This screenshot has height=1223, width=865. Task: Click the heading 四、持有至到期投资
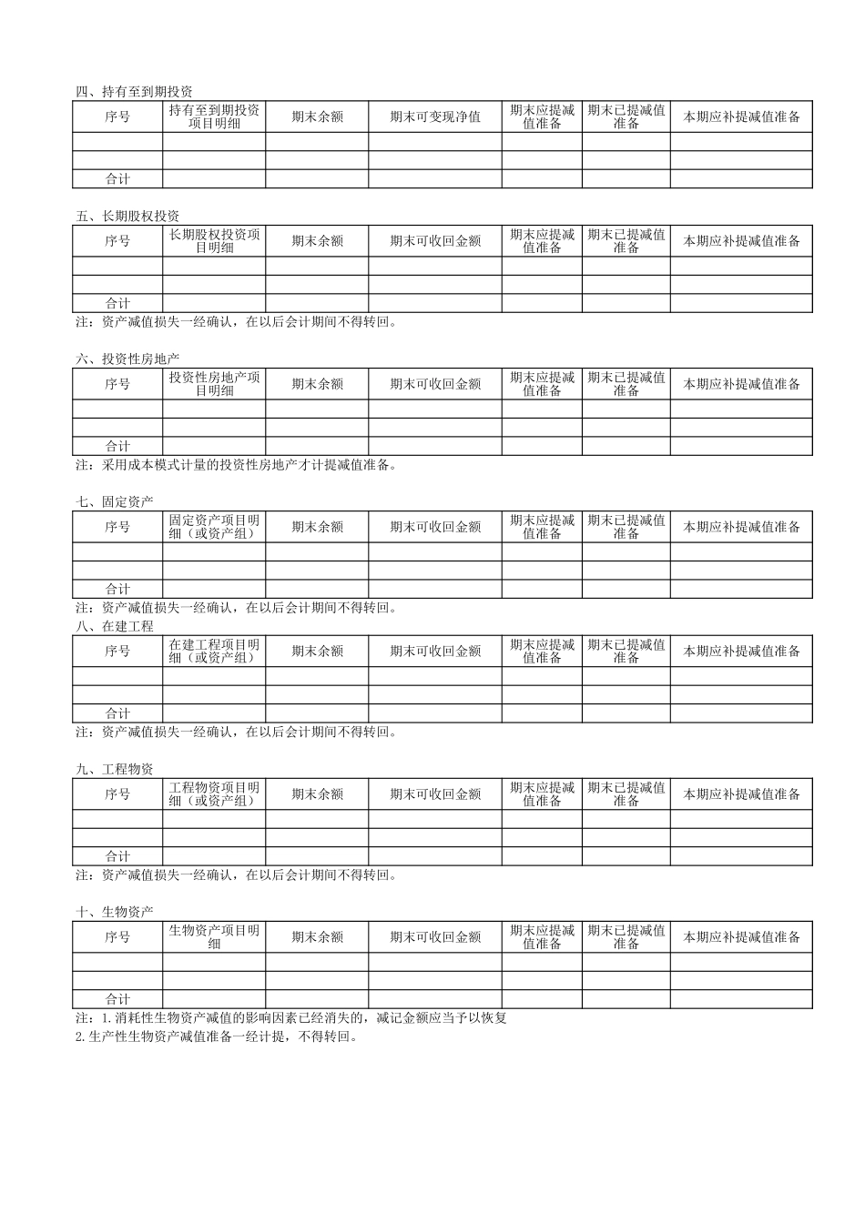134,92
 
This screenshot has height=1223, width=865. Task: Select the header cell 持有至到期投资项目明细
214,116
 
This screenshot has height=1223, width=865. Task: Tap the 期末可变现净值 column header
435,116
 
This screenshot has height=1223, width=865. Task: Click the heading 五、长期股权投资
127,217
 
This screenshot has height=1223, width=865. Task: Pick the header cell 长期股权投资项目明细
214,241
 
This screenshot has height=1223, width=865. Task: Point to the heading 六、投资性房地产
127,359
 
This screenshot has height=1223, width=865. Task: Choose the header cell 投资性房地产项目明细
214,384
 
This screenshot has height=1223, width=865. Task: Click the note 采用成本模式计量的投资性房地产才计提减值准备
237,465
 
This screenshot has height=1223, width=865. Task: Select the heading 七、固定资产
115,502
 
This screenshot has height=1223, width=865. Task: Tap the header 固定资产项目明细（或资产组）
214,527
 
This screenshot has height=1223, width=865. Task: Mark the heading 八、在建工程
115,627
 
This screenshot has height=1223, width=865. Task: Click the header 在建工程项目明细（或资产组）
214,652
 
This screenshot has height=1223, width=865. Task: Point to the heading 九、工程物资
115,770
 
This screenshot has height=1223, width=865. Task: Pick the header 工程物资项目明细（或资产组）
214,794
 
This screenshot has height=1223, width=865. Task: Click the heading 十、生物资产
115,912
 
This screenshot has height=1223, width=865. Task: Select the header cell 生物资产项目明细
214,937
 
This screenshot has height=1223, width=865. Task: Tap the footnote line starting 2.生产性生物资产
217,1036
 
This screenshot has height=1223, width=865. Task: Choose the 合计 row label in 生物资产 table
117,999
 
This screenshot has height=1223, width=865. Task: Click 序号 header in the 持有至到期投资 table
117,116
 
